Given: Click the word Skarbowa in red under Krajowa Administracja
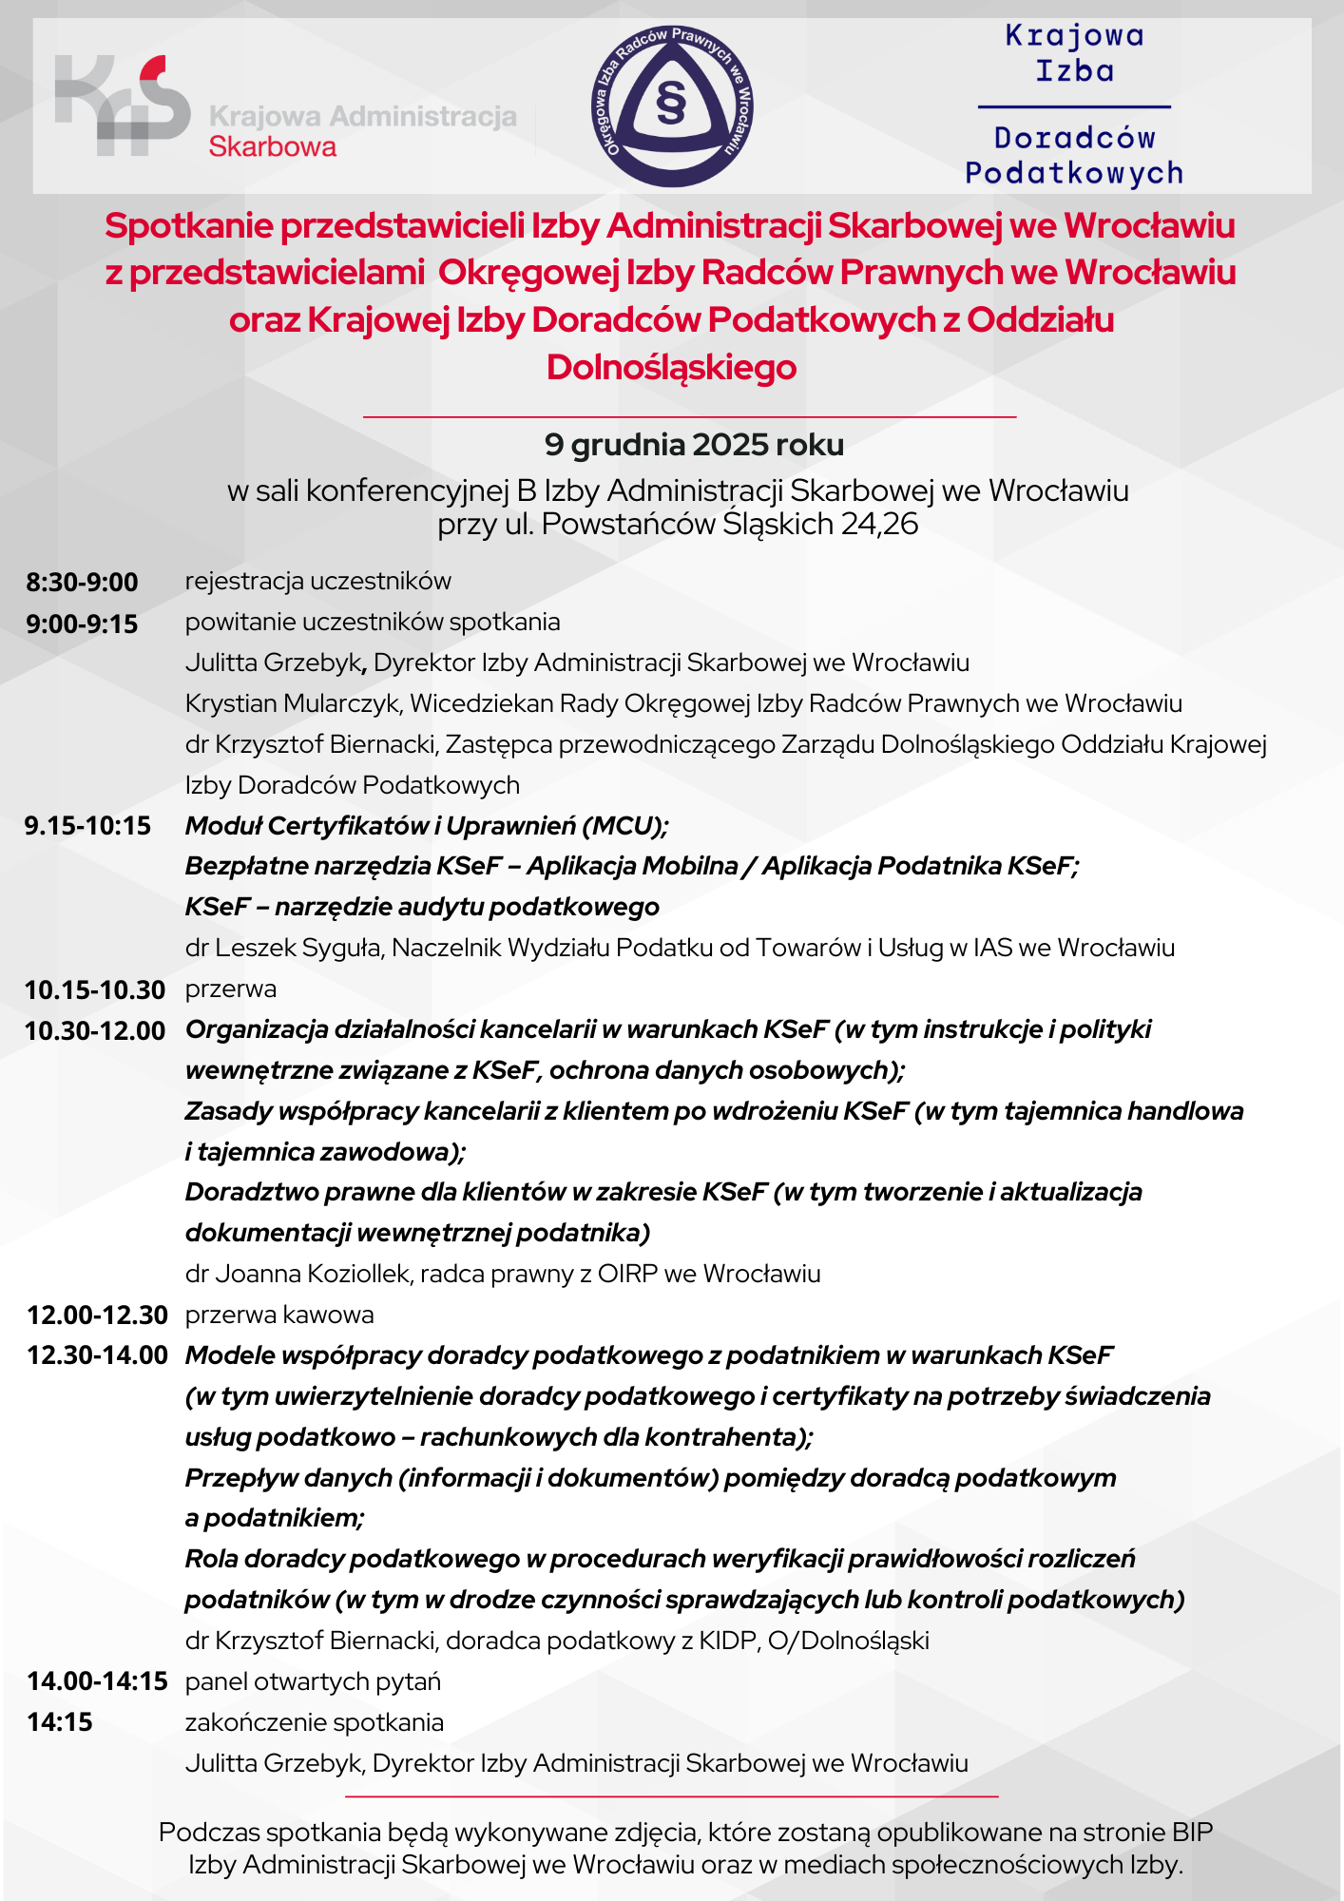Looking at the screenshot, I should pos(273,147).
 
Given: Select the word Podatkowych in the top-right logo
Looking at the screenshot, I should pos(1074,173).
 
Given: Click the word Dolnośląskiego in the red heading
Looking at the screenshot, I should pos(671,367).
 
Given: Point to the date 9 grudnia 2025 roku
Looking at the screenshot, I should pos(694,444).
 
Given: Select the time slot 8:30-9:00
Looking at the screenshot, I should pos(82,582).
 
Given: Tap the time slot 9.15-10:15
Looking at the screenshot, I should pos(87,825).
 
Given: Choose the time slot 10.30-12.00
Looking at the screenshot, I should pos(95,1030).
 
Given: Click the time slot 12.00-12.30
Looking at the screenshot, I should pos(97,1315).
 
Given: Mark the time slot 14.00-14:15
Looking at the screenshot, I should pos(97,1680).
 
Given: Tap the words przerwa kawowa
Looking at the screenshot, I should pos(279,1315).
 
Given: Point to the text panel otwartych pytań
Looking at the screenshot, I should pos(313,1681).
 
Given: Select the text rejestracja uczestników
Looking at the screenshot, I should pos(318,581).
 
